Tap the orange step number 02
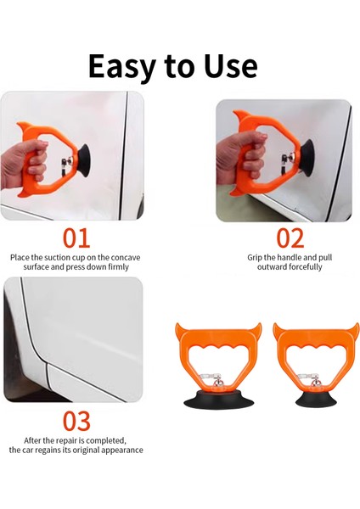click(290, 238)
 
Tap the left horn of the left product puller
click(181, 332)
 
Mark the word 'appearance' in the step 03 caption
click(120, 450)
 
